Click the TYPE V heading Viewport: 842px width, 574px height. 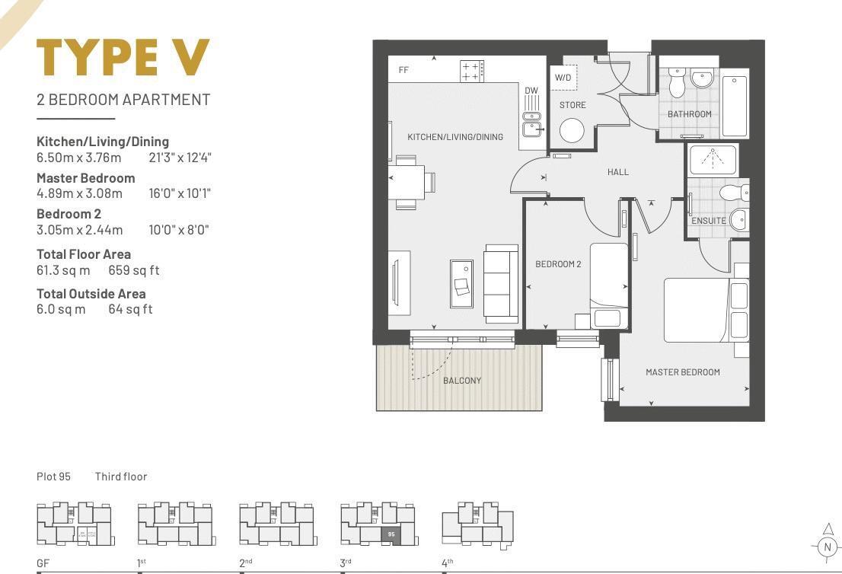click(x=123, y=58)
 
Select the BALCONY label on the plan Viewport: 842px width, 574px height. click(x=462, y=380)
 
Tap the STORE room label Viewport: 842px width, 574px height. click(x=572, y=105)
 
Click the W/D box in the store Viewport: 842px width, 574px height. click(x=563, y=78)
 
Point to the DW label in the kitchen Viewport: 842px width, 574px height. click(x=531, y=91)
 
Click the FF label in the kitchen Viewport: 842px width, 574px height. click(x=403, y=70)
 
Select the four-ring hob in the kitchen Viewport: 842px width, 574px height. click(x=470, y=72)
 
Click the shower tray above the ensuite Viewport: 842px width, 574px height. click(x=713, y=160)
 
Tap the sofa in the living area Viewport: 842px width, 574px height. click(x=501, y=282)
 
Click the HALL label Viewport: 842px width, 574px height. click(x=618, y=172)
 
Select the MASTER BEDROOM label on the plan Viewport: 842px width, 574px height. click(x=682, y=372)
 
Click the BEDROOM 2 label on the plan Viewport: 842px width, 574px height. click(x=558, y=264)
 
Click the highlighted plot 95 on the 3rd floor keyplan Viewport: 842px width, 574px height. click(x=391, y=534)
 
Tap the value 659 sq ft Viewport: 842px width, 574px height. click(x=134, y=270)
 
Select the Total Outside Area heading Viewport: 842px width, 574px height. click(x=91, y=293)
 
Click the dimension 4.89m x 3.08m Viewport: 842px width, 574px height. click(x=79, y=193)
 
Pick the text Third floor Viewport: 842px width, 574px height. click(x=121, y=477)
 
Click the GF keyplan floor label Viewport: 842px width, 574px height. click(x=43, y=564)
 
